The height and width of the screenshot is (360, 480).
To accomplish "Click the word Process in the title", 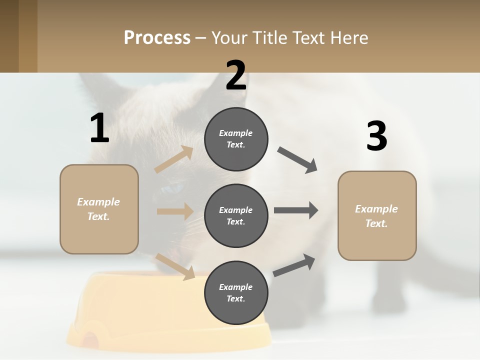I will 157,38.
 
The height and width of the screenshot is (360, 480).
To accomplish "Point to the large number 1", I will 99,128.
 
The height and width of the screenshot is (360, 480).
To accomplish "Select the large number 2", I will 236,75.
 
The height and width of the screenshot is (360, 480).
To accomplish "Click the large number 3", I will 376,136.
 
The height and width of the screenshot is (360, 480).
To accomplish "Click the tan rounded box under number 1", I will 99,209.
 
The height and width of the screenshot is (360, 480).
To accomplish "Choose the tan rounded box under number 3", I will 377,215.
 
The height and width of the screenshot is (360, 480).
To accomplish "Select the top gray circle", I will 236,139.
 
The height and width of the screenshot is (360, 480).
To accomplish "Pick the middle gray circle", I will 236,215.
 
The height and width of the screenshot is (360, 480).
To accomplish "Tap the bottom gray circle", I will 236,292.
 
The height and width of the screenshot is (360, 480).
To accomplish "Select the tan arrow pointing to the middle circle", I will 175,211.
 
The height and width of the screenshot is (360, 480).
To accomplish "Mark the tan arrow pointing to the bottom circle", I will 175,266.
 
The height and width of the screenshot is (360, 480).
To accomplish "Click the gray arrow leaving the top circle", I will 297,160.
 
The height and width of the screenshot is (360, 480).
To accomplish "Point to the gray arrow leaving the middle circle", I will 296,210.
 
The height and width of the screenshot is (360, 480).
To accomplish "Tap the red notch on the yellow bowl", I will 90,340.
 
